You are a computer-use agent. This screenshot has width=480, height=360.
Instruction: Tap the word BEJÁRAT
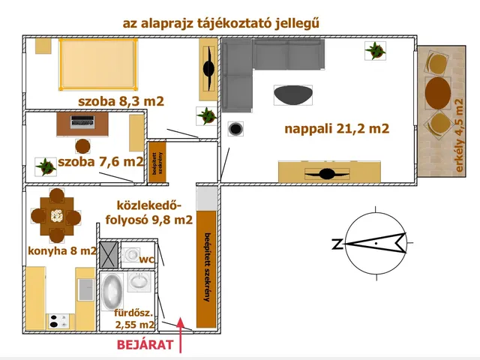(x=145, y=346)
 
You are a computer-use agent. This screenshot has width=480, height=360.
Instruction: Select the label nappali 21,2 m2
(x=337, y=129)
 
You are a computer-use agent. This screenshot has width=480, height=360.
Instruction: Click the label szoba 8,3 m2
(x=121, y=101)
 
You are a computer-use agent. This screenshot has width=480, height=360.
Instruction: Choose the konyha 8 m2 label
(x=62, y=251)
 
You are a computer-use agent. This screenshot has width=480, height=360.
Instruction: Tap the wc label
(x=146, y=259)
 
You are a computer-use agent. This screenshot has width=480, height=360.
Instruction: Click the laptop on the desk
(x=82, y=120)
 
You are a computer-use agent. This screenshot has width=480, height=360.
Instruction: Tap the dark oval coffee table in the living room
(x=293, y=94)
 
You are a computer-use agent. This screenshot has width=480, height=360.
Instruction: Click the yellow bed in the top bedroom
(x=97, y=64)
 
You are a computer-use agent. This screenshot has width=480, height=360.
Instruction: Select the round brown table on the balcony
(x=437, y=93)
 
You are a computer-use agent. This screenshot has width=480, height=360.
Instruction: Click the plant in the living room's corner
(x=376, y=50)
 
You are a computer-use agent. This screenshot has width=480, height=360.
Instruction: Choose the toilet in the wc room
(x=132, y=255)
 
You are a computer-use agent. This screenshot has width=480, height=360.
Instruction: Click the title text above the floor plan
(x=221, y=22)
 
